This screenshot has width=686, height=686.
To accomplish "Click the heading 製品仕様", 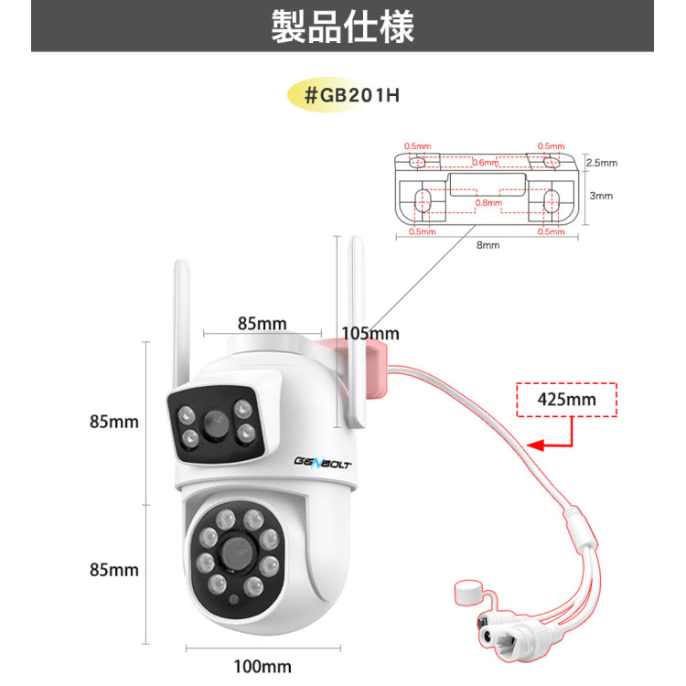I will tap(343, 27).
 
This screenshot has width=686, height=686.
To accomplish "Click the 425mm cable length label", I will tap(567, 399).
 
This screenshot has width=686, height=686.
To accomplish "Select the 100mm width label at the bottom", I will tap(263, 666).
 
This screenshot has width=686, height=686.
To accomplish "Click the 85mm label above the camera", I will tap(262, 323).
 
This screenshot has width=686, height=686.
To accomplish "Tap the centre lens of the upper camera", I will tap(216, 423).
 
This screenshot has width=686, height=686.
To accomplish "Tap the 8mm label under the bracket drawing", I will tap(487, 245).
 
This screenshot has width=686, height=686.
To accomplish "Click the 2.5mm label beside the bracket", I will tap(601, 163).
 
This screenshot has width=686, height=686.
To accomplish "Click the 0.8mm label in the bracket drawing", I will tap(488, 202).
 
